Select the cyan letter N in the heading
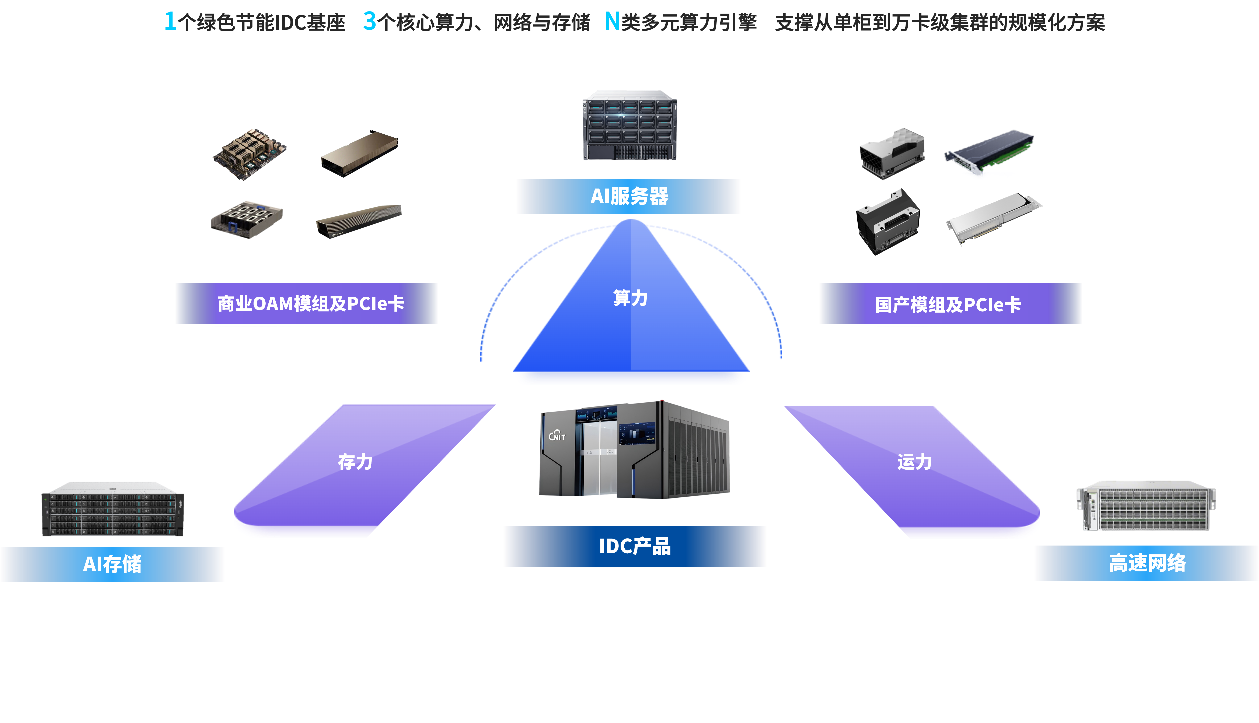(x=612, y=21)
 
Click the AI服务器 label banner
(x=629, y=196)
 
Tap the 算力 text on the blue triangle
(x=630, y=298)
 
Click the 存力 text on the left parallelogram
(x=355, y=462)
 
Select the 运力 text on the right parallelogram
(x=914, y=462)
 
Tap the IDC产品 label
(x=634, y=546)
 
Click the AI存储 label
(x=112, y=564)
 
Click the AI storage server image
(x=113, y=509)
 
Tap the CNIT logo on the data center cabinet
(x=557, y=435)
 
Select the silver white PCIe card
(x=994, y=218)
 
